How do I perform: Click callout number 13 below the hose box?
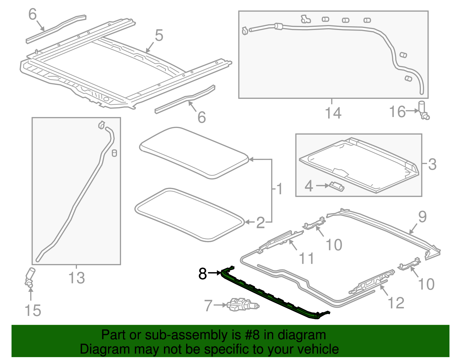coord(77,278)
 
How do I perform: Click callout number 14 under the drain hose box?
coord(333,113)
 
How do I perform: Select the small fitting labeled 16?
coord(424,111)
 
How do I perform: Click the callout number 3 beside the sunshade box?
coord(432,164)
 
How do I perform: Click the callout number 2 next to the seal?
coord(260,223)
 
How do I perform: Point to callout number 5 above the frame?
coord(159,35)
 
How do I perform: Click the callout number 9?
coord(422,216)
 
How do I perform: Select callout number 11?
coord(306,258)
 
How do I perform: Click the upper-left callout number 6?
coord(33,14)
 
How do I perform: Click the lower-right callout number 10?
coord(426,284)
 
